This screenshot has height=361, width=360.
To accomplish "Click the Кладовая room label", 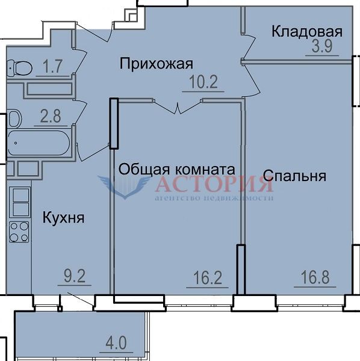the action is click(x=307, y=31).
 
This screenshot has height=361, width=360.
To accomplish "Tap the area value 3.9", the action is click(x=322, y=46).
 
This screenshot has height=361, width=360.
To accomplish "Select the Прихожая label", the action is click(x=156, y=64).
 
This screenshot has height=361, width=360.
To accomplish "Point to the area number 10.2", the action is click(x=203, y=82).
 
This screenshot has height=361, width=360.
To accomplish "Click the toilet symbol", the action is click(x=19, y=68).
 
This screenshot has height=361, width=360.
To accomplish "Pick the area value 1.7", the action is click(x=52, y=67).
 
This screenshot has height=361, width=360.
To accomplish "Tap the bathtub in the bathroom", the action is click(x=39, y=143).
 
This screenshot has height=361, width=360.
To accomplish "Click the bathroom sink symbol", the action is click(x=14, y=119).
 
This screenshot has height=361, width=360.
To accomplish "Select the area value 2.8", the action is click(x=51, y=116).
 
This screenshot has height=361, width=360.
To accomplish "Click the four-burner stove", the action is click(x=19, y=232).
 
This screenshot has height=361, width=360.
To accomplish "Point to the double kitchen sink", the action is click(x=20, y=202).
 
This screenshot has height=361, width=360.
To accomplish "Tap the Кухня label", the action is click(x=63, y=218).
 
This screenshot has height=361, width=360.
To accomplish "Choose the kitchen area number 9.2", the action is click(x=75, y=276).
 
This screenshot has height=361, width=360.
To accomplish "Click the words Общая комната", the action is click(x=176, y=170).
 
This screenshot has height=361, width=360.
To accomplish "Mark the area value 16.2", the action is click(x=208, y=277).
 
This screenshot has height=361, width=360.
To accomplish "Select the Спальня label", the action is click(x=294, y=176).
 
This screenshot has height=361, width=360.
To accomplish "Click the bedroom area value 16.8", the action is click(x=315, y=277).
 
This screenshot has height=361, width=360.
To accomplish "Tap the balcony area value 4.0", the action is click(x=116, y=343).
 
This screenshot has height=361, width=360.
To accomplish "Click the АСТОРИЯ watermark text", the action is click(x=214, y=184).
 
